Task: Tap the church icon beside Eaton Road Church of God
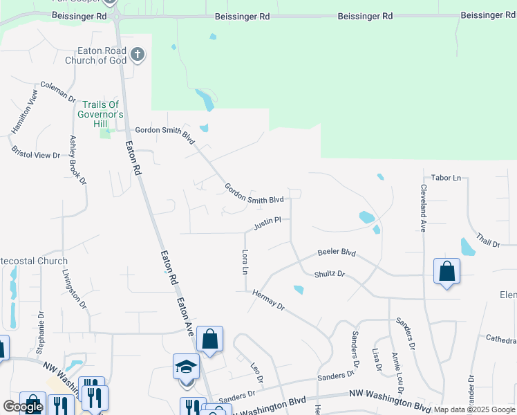click(x=138, y=55)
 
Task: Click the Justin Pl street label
click(x=267, y=223)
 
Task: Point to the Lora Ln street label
click(x=245, y=261)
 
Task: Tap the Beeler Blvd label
click(x=336, y=253)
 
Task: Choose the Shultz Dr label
click(x=329, y=274)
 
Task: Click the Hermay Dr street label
click(x=268, y=299)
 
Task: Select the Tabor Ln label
click(x=446, y=178)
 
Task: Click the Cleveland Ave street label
click(x=422, y=208)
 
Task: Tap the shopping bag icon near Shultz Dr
click(x=446, y=271)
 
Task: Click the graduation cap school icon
click(x=186, y=367)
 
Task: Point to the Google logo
click(x=23, y=407)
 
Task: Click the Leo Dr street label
click(x=256, y=373)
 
